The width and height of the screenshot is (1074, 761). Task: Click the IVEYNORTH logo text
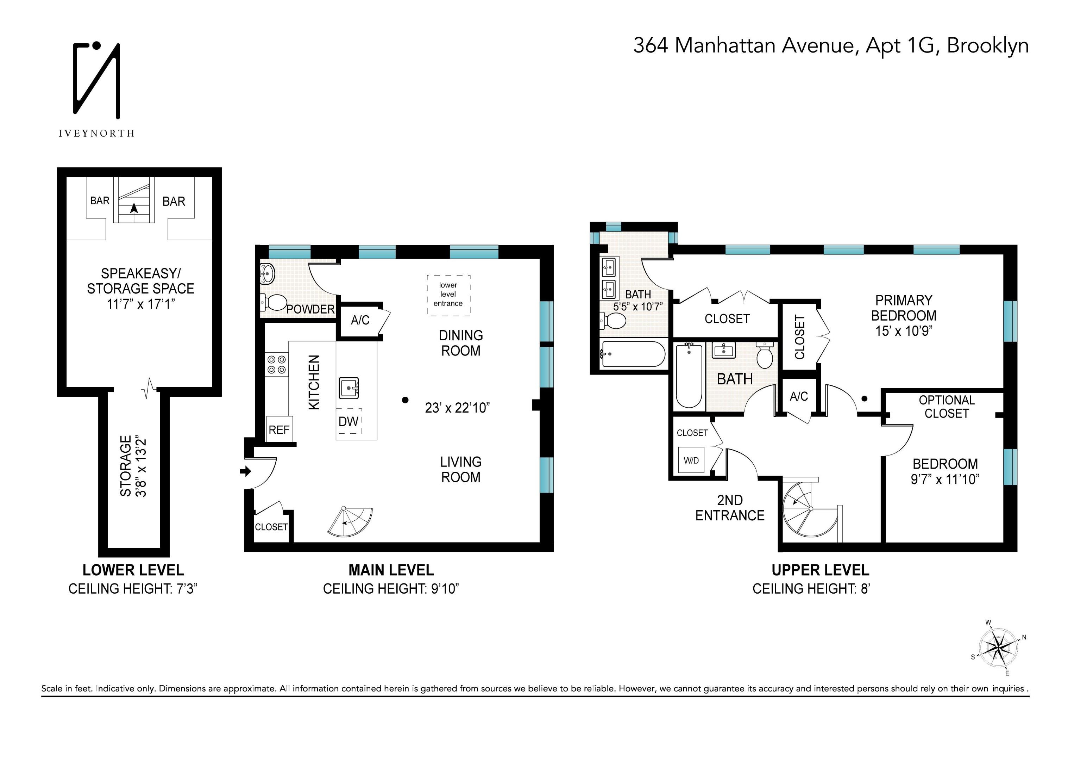click(x=96, y=134)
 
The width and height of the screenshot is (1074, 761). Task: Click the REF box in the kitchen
click(x=279, y=429)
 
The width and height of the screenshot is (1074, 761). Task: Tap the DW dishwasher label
click(x=349, y=421)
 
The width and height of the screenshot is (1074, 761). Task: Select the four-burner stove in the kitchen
click(x=276, y=365)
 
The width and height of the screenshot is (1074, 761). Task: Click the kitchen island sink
click(x=349, y=388)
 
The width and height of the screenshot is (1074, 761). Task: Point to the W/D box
click(x=691, y=460)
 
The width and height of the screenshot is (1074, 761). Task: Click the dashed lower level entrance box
click(x=448, y=294)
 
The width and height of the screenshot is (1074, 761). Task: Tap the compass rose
click(x=998, y=649)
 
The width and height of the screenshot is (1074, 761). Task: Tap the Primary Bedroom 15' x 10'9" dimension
click(x=904, y=331)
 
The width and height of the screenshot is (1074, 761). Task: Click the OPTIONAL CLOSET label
click(x=946, y=407)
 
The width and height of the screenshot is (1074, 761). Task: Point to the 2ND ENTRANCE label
click(x=729, y=508)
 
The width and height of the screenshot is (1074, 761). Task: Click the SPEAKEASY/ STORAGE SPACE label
click(x=140, y=281)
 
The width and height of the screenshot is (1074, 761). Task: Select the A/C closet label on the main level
click(x=360, y=320)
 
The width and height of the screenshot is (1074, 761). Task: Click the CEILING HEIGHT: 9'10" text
click(x=390, y=589)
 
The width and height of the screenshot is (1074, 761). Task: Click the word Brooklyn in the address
click(x=987, y=45)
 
